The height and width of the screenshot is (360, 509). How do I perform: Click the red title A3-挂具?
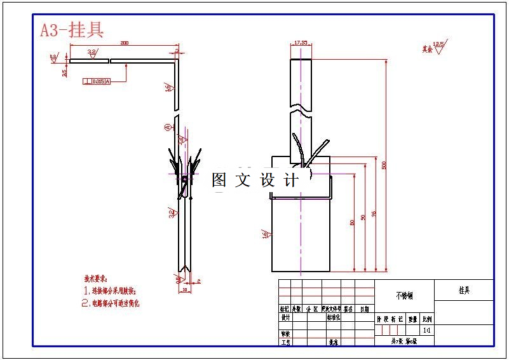point(72,30)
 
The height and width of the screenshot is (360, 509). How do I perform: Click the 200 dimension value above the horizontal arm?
point(124,43)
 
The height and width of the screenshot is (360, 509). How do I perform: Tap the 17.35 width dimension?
point(301,43)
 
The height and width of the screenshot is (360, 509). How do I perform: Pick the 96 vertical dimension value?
point(373,214)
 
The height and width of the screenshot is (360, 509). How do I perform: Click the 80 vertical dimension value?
point(351,222)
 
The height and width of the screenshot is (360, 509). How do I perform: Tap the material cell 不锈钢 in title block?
point(404,296)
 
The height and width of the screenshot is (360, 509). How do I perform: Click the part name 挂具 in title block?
point(464,290)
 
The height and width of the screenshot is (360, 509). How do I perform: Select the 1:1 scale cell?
point(426,331)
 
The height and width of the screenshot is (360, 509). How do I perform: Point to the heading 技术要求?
point(96,279)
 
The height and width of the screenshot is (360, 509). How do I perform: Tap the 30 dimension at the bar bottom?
point(185,289)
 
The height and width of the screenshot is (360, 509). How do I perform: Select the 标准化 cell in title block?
point(333,317)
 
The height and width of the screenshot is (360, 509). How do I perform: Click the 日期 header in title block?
point(364,308)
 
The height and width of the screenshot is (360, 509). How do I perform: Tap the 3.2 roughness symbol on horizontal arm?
point(92,53)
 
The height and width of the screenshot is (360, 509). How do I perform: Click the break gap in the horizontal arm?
point(111,62)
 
